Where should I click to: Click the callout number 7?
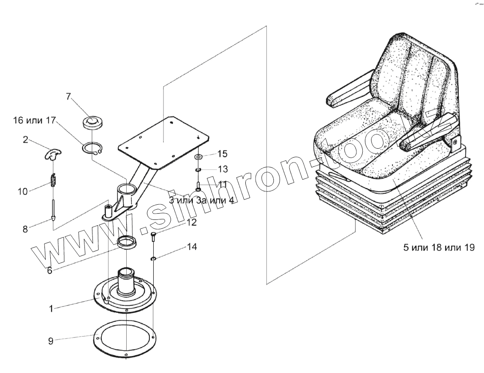pos(68,96)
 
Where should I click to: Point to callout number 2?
pos(26,140)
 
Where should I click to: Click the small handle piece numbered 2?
pos(53,154)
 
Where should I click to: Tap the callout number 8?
pos(25,229)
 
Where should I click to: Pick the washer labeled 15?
pos(198,157)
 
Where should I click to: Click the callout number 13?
pos(223,169)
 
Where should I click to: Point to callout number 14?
pos(192,247)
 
